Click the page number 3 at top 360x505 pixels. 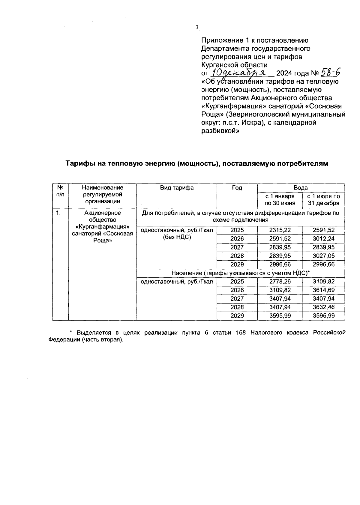197,27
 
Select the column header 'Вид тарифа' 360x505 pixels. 177,188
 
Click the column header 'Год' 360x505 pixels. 237,188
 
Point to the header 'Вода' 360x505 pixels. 301,188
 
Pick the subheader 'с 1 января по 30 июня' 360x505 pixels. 280,200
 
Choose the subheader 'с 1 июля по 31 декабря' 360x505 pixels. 324,200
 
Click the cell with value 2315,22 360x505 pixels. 280,230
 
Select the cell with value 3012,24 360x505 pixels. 324,239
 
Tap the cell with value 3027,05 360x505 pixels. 324,256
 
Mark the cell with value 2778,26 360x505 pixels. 280,282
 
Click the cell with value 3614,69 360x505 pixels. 324,290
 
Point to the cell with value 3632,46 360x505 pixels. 324,307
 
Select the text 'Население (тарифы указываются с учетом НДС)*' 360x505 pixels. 240,273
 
